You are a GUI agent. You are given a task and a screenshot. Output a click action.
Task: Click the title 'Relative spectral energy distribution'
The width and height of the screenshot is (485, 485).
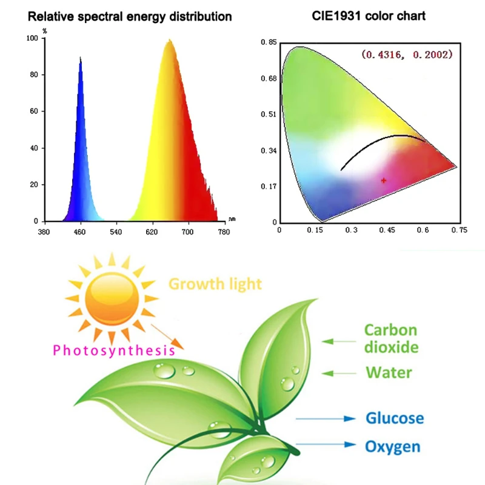pyautogui.click(x=130, y=16)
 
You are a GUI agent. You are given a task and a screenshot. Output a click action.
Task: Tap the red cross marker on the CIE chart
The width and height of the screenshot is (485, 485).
pyautogui.click(x=383, y=180)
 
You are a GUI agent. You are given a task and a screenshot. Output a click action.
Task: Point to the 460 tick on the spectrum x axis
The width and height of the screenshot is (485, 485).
pyautogui.click(x=79, y=232)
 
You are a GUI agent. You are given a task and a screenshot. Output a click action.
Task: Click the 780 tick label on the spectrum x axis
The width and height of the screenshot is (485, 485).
pyautogui.click(x=224, y=232)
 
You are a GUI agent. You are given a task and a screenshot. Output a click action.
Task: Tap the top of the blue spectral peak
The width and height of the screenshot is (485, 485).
pyautogui.click(x=80, y=58)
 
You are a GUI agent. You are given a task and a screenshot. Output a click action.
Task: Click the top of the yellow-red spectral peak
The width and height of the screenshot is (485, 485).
pyautogui.click(x=170, y=41)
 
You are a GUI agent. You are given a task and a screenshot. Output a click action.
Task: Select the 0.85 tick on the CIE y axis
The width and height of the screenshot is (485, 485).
pyautogui.click(x=269, y=42)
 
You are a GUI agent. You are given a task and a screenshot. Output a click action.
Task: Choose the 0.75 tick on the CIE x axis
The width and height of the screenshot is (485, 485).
pyautogui.click(x=460, y=230)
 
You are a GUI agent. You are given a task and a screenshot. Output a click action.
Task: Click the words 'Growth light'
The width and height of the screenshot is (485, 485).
pyautogui.click(x=215, y=284)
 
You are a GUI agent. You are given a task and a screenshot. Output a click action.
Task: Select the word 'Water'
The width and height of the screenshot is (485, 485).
pyautogui.click(x=389, y=372)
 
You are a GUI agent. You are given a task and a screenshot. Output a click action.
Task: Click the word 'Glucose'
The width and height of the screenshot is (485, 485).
pyautogui.click(x=394, y=418)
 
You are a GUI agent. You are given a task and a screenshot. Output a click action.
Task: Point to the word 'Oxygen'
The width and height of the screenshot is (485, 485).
pyautogui.click(x=392, y=447)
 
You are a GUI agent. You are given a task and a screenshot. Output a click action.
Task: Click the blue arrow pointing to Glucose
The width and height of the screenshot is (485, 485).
pyautogui.click(x=326, y=418)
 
